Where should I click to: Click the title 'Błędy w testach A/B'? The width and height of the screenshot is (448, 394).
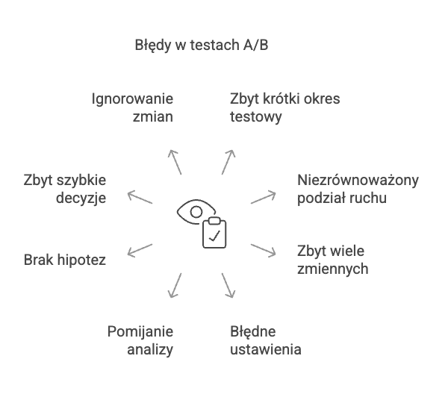click(x=202, y=46)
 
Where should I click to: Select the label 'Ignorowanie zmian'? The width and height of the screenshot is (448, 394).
click(x=133, y=107)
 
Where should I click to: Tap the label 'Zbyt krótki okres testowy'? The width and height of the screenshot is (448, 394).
click(x=285, y=107)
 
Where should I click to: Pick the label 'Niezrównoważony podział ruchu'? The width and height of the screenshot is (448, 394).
click(x=358, y=189)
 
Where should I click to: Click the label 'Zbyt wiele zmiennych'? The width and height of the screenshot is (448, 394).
click(x=332, y=260)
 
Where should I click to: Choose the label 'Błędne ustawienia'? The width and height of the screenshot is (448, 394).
click(x=266, y=340)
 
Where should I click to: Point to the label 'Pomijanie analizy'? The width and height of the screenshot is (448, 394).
click(x=140, y=340)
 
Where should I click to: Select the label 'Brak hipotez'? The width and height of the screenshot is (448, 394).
click(x=65, y=260)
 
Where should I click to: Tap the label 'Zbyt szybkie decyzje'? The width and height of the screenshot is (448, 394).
click(x=65, y=189)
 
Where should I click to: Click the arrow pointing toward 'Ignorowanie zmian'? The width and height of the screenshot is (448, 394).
click(x=175, y=162)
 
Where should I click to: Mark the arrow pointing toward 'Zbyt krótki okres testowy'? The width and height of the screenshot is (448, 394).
click(x=228, y=162)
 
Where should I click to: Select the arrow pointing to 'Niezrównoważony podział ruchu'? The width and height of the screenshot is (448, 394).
click(x=263, y=197)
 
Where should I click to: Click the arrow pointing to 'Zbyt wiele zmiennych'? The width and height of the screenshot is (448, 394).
click(x=263, y=251)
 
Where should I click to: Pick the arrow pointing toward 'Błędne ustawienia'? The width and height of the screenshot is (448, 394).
click(x=228, y=286)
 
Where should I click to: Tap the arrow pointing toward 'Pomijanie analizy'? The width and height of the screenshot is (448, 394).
click(x=175, y=286)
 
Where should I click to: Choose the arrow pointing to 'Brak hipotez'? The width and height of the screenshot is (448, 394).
click(x=140, y=251)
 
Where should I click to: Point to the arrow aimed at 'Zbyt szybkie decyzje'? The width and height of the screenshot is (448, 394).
click(x=140, y=197)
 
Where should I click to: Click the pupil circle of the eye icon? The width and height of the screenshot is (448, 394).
click(x=196, y=212)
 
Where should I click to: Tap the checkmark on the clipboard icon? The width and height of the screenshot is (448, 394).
click(x=214, y=236)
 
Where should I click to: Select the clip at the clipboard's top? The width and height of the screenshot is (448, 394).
click(x=214, y=221)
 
